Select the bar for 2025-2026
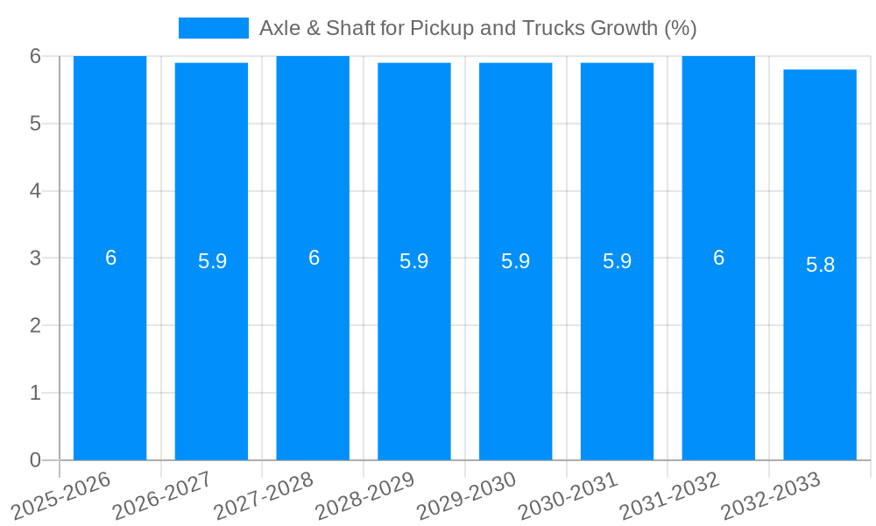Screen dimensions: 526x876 (109, 351)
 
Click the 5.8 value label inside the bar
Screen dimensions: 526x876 (820, 265)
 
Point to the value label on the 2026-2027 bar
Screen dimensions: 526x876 (212, 261)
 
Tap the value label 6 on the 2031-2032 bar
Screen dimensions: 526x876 (718, 258)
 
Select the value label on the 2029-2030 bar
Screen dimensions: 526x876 (515, 261)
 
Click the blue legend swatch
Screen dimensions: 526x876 (213, 28)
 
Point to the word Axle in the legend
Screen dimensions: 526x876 (279, 28)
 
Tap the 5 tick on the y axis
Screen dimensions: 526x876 (36, 124)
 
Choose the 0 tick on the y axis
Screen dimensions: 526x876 (36, 460)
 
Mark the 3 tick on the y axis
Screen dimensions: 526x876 (36, 259)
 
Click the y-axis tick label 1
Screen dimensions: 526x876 (36, 394)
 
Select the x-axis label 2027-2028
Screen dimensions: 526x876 (265, 497)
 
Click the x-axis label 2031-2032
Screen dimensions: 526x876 (670, 497)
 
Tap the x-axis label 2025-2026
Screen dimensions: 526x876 (61, 497)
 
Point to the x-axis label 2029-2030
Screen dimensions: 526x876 (467, 497)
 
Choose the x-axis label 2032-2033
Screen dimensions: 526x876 (772, 497)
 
